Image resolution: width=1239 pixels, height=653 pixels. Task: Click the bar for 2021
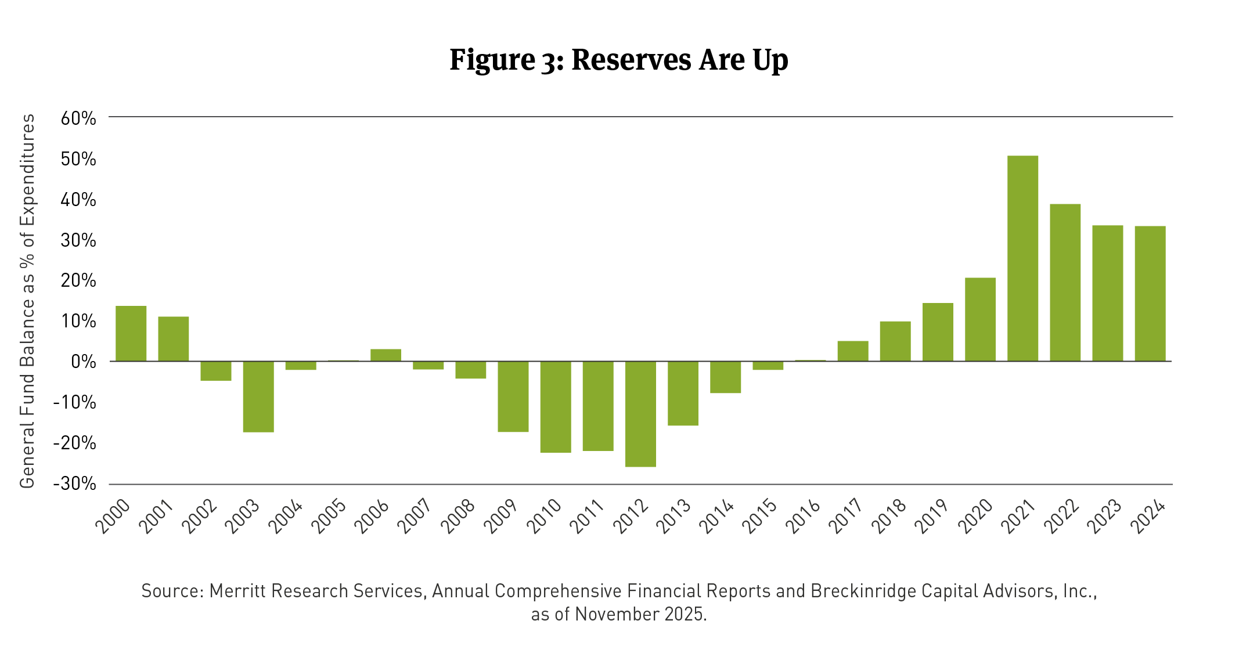pos(1022,258)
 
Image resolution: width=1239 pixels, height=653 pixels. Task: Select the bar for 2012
pos(640,414)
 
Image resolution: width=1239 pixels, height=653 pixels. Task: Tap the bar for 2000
pos(131,334)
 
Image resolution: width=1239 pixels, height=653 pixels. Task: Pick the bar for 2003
pos(258,396)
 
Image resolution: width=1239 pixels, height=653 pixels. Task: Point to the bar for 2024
pos(1150,294)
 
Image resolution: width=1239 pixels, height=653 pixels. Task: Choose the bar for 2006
pos(386,355)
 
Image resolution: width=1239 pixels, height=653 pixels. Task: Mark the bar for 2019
pos(938,332)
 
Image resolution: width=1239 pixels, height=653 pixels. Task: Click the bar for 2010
pos(556,406)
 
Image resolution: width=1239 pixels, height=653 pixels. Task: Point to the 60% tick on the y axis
pos(78,118)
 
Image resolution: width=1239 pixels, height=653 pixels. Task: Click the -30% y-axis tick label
pos(75,484)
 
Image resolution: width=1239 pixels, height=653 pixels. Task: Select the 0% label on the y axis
pos(84,362)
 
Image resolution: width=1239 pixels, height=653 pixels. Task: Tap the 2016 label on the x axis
pos(804,515)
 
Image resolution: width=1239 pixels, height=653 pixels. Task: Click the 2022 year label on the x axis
pos(1062,515)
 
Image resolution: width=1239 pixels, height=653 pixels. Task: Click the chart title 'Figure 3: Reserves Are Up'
pos(619,60)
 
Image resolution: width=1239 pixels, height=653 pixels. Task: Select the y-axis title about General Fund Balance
pos(27,301)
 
